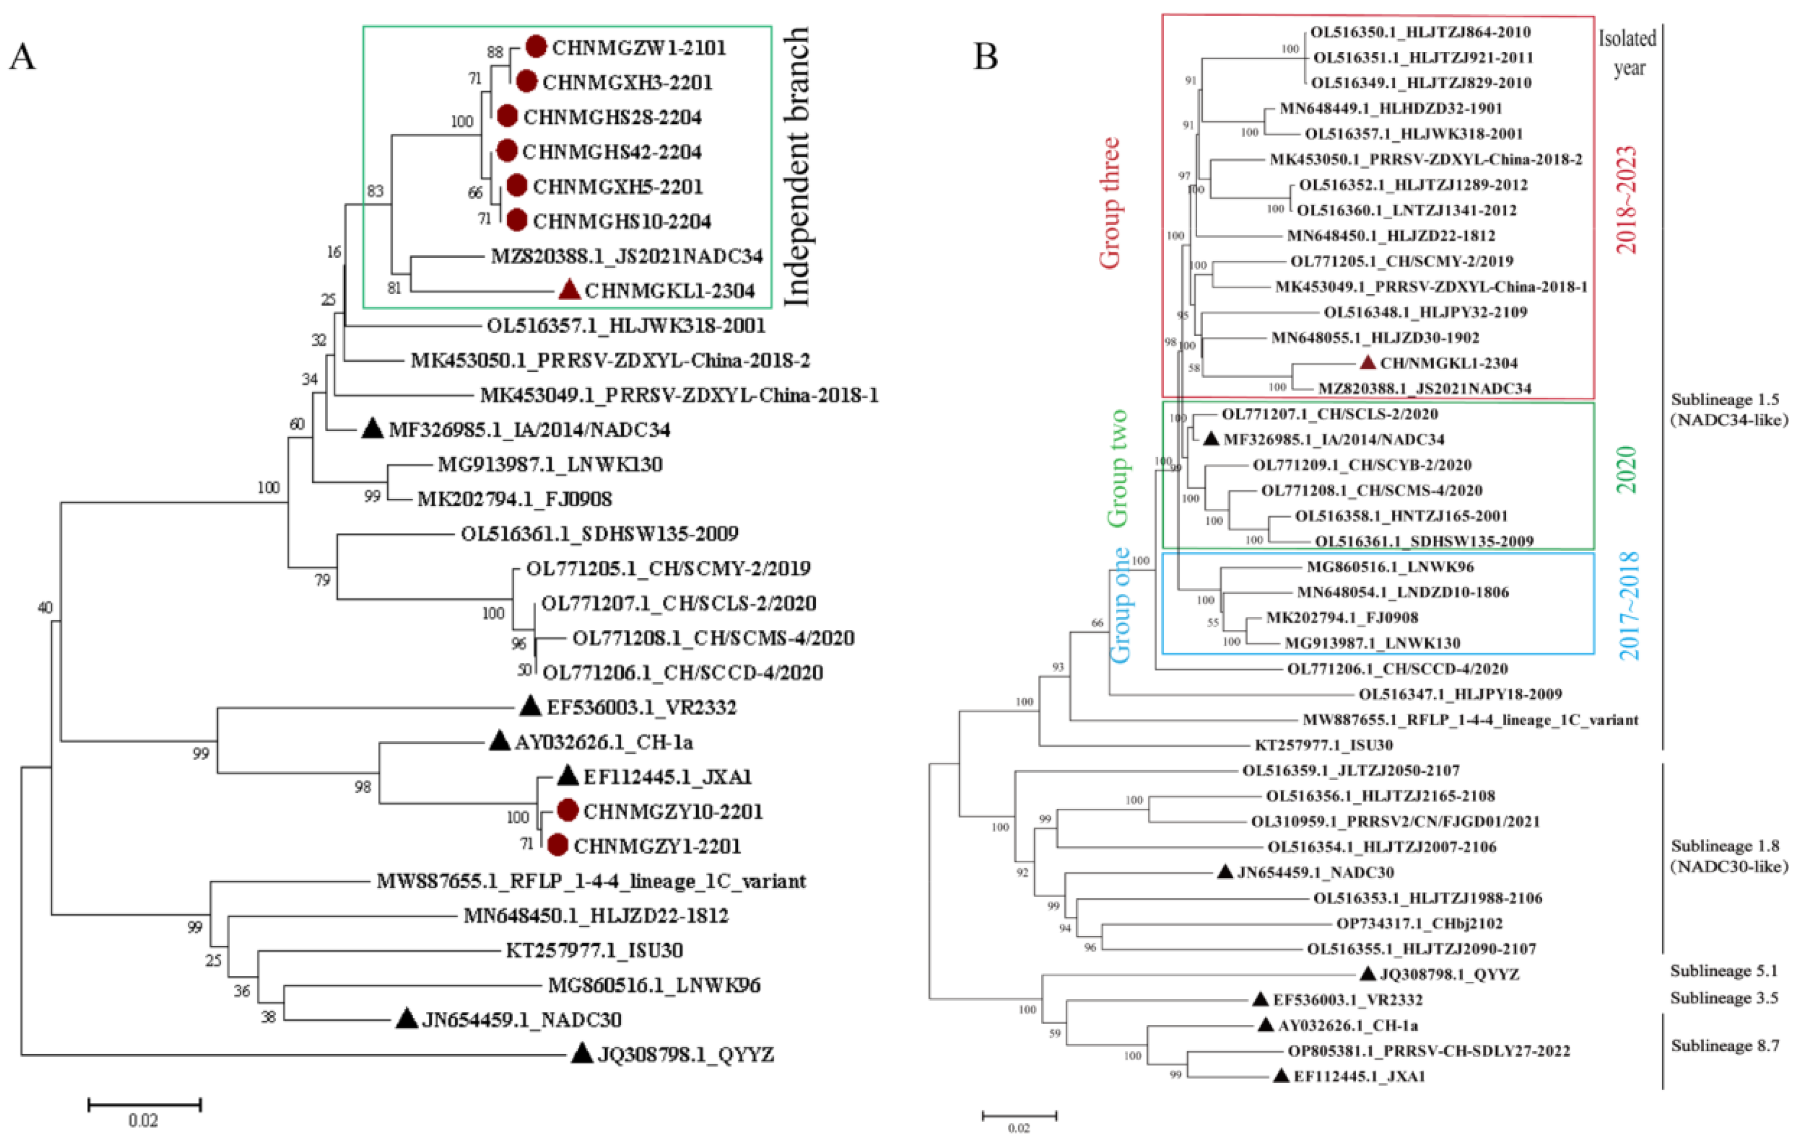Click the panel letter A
[22, 57]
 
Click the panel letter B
[986, 57]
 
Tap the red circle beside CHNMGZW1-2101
[536, 46]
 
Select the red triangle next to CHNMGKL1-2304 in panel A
[570, 290]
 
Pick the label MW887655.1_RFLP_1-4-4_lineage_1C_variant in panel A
[591, 881]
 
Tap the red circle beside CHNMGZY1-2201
[558, 845]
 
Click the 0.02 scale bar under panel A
[144, 1105]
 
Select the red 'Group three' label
[1110, 203]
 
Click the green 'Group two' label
[1117, 469]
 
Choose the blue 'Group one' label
[1121, 605]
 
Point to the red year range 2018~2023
[1626, 199]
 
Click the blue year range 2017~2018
[1629, 605]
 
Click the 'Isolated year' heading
[1628, 52]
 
